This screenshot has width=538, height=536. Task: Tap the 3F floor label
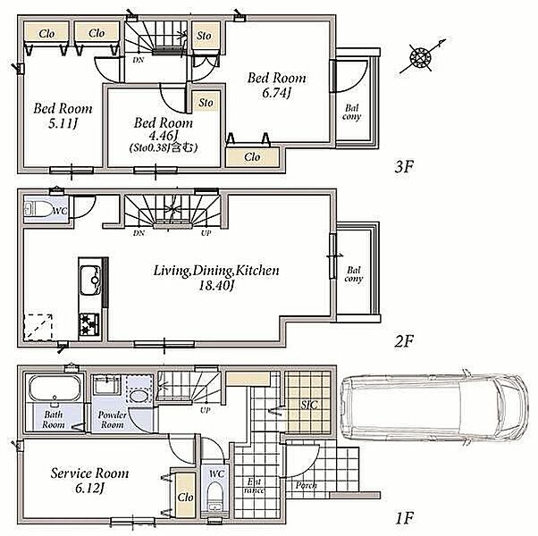pos(405,167)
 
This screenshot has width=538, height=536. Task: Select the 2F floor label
pos(405,341)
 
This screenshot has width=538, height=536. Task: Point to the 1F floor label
pos(405,518)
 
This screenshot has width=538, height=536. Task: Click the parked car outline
pos(434,407)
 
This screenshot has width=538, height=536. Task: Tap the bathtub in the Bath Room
pos(55,388)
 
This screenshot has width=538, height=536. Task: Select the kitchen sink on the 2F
pos(90,281)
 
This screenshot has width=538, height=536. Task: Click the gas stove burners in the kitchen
pos(89,324)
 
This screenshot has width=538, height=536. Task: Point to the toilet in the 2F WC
pos(38,209)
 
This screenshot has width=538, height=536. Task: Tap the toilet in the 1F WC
pos(215,497)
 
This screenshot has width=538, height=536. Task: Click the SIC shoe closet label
pos(309,405)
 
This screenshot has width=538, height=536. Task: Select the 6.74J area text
pos(276,93)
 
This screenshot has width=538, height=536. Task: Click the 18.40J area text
pos(216,286)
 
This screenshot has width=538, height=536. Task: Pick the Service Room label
pos(90,473)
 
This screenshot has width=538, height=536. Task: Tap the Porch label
pos(306,485)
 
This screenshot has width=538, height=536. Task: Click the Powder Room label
pos(113,419)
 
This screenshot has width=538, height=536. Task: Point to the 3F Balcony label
pos(352,113)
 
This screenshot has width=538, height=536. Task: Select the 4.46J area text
pos(163,136)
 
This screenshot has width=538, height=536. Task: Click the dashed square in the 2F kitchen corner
pos(38,327)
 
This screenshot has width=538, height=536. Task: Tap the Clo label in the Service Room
pos(186,497)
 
